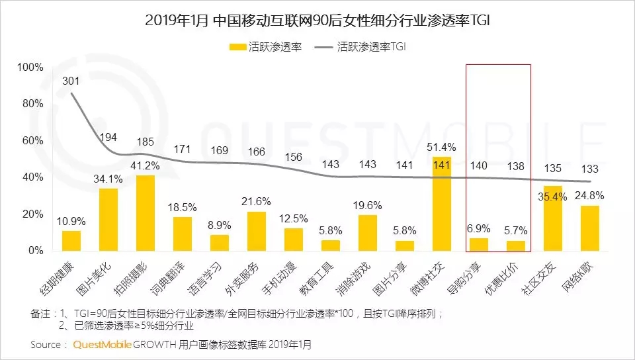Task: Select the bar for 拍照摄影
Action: coord(146,213)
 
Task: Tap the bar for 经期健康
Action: coord(71,241)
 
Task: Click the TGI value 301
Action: coord(71,81)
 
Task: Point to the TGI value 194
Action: coord(108,137)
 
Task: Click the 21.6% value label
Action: coord(257,201)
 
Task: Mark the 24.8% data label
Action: coord(590,195)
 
